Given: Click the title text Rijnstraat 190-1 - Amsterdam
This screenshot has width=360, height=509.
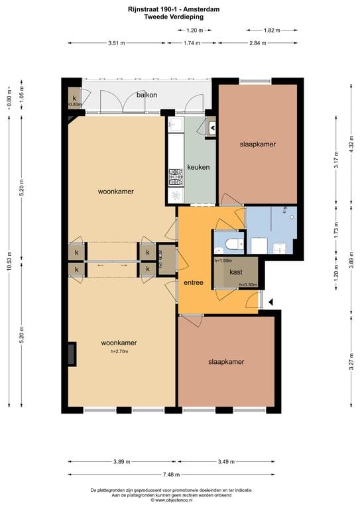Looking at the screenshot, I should tap(180, 9).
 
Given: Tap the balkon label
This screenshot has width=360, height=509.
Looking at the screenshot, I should tap(147, 95).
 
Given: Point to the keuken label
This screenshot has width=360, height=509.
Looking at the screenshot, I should tap(198, 167).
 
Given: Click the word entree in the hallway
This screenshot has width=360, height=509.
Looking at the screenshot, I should tap(193, 283).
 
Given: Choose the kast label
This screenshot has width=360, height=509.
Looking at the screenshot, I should tap(235, 272).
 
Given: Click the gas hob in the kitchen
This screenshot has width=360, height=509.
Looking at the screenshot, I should tap(176, 176).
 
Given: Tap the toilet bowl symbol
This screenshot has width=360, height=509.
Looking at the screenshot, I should tap(230, 244).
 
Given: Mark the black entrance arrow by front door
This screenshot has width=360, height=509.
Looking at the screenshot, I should tap(270, 303).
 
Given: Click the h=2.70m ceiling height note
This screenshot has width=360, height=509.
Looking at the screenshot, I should tap(119, 351).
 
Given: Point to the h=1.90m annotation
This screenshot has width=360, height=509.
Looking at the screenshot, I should tap(224, 260).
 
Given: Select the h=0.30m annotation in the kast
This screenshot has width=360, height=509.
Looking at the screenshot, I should tap(246, 285).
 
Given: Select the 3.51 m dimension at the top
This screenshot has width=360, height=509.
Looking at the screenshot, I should tap(117, 43).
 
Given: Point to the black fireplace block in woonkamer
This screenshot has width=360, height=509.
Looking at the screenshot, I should tap(72, 354).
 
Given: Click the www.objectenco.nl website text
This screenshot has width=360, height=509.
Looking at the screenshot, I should tap(180, 500).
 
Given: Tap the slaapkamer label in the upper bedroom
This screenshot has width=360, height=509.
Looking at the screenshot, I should tap(257, 144).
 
